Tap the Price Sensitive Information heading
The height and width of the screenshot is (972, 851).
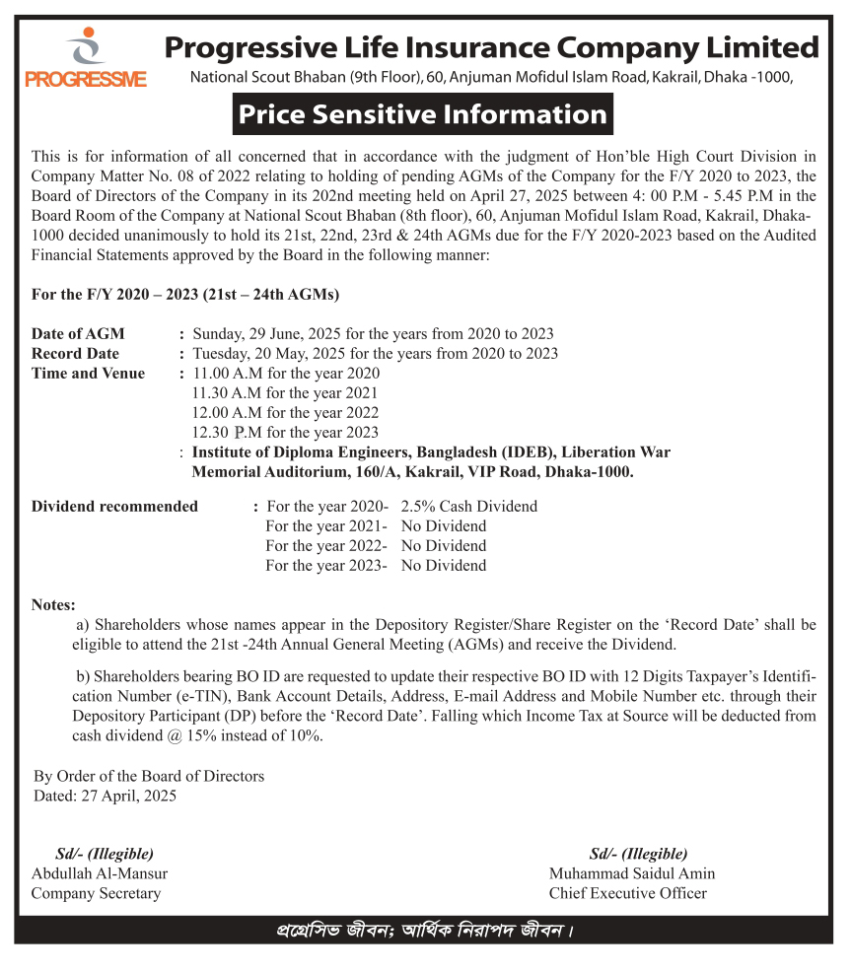422,114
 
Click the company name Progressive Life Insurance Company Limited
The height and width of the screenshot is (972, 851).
491,46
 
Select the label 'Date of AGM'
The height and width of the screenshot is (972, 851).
78,333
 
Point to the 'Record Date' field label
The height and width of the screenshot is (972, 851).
75,353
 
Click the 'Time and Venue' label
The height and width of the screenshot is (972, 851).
88,373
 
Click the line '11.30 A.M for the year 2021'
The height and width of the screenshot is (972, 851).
285,392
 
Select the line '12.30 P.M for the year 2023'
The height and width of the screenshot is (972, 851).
285,432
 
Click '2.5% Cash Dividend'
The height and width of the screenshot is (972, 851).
468,506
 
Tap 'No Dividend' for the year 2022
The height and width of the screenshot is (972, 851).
443,545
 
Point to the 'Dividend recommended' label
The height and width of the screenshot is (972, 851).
114,506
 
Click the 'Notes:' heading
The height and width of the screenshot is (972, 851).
53,604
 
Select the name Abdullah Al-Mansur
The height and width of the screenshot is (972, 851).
100,873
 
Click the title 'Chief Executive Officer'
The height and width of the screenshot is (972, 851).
627,893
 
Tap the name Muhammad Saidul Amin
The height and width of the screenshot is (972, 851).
632,873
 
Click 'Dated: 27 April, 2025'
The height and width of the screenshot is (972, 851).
105,796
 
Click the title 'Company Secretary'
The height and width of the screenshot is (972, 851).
96,893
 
